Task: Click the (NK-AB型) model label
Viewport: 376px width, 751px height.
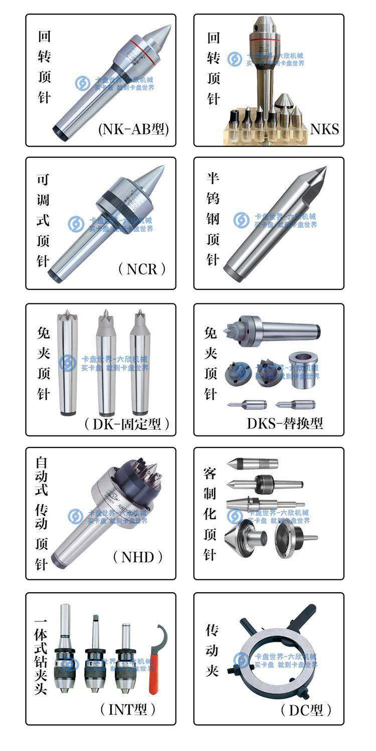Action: tap(133, 130)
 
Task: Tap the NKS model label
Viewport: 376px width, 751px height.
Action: tap(324, 130)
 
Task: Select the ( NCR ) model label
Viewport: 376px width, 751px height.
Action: tap(141, 269)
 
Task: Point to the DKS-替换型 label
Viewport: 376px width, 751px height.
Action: tap(285, 423)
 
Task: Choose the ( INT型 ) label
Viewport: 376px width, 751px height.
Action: tap(128, 709)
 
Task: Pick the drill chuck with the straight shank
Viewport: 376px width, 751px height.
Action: tap(66, 651)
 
